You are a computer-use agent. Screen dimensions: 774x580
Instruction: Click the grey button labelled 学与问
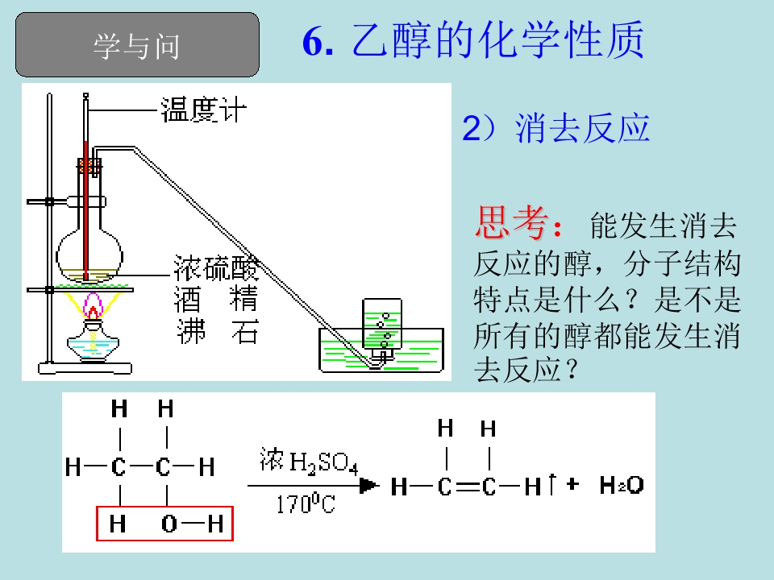tap(137, 45)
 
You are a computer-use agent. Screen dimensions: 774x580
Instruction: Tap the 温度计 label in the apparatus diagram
tap(203, 110)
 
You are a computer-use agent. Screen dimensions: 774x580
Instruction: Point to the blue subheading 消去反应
tap(582, 128)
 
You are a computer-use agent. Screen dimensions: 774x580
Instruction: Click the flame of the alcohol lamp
tap(92, 306)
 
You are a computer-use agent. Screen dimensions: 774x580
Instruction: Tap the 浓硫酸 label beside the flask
tap(216, 268)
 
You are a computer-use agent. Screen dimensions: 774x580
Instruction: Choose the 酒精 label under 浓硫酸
tap(216, 299)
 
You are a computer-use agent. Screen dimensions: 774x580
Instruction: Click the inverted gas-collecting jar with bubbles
tap(382, 325)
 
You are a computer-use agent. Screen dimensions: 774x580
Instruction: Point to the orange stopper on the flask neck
tap(89, 166)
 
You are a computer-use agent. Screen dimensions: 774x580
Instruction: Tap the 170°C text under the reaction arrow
tap(306, 503)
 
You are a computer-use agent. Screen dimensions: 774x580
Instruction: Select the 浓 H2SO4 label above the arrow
tap(309, 462)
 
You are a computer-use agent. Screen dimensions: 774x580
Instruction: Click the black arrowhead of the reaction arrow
tap(369, 486)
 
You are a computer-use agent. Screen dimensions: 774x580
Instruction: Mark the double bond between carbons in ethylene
tap(468, 487)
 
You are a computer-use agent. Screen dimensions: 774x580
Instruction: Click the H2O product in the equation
tap(622, 485)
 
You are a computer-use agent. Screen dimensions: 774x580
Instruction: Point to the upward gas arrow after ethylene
tap(552, 484)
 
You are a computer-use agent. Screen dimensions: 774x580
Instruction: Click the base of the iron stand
tap(85, 368)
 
